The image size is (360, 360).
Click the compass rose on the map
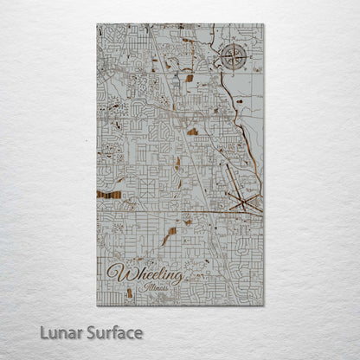coord(232,58)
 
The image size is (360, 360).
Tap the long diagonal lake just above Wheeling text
coord(170,235)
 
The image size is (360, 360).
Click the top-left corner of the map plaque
coord(98,24)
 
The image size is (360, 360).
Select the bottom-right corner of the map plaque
coord(262,305)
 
